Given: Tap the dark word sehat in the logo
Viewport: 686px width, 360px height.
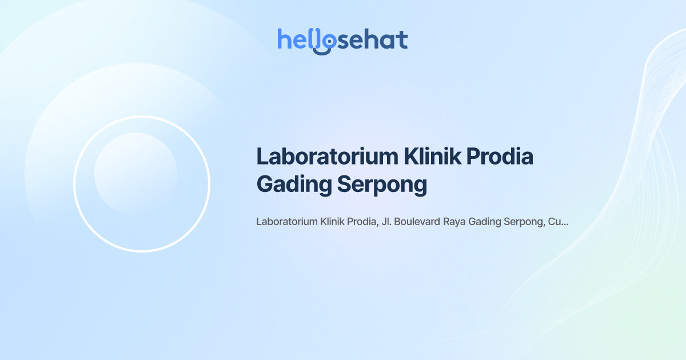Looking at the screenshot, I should [373, 40].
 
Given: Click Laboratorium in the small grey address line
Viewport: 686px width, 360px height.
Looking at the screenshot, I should [287, 222].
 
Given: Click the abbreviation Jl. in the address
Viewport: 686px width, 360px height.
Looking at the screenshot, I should [386, 222].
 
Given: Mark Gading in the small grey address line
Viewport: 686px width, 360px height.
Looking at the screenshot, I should [484, 222].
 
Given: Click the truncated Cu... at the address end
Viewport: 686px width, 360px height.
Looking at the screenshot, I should [558, 222].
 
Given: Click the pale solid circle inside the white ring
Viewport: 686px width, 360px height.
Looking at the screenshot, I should [135, 174].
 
